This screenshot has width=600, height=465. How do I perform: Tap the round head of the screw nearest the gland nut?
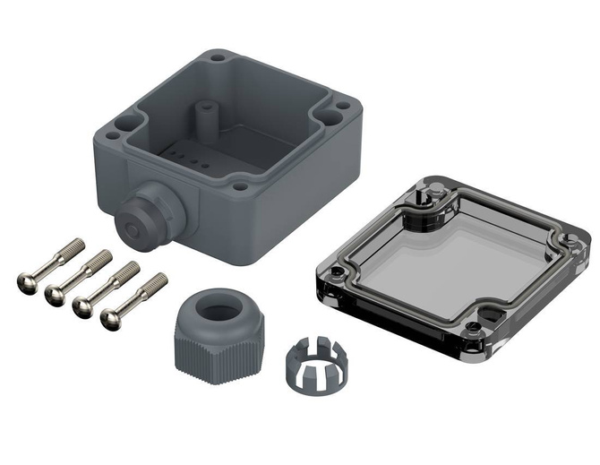pyautogui.click(x=112, y=319)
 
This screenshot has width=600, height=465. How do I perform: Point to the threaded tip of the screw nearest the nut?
pyautogui.click(x=158, y=281)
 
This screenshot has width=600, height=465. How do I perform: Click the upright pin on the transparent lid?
pyautogui.click(x=423, y=196)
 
